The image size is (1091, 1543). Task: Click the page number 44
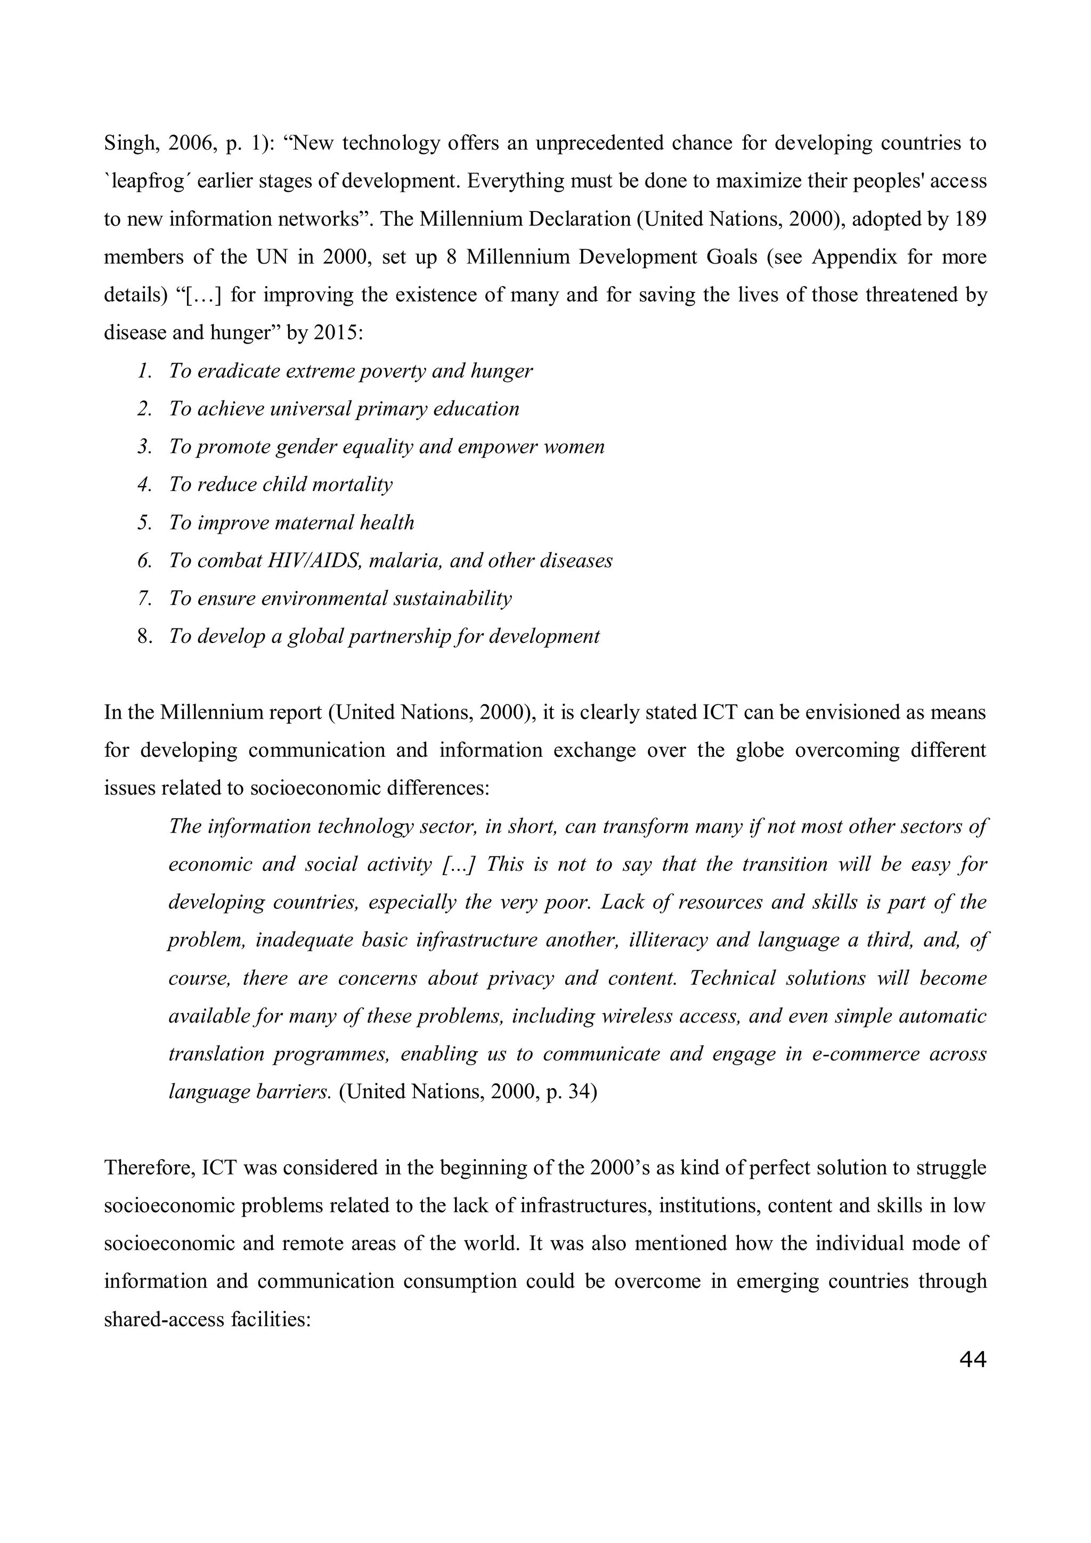(972, 1360)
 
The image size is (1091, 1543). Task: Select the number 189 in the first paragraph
(970, 219)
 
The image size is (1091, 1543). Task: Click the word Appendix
(854, 257)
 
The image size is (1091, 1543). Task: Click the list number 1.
(143, 371)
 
